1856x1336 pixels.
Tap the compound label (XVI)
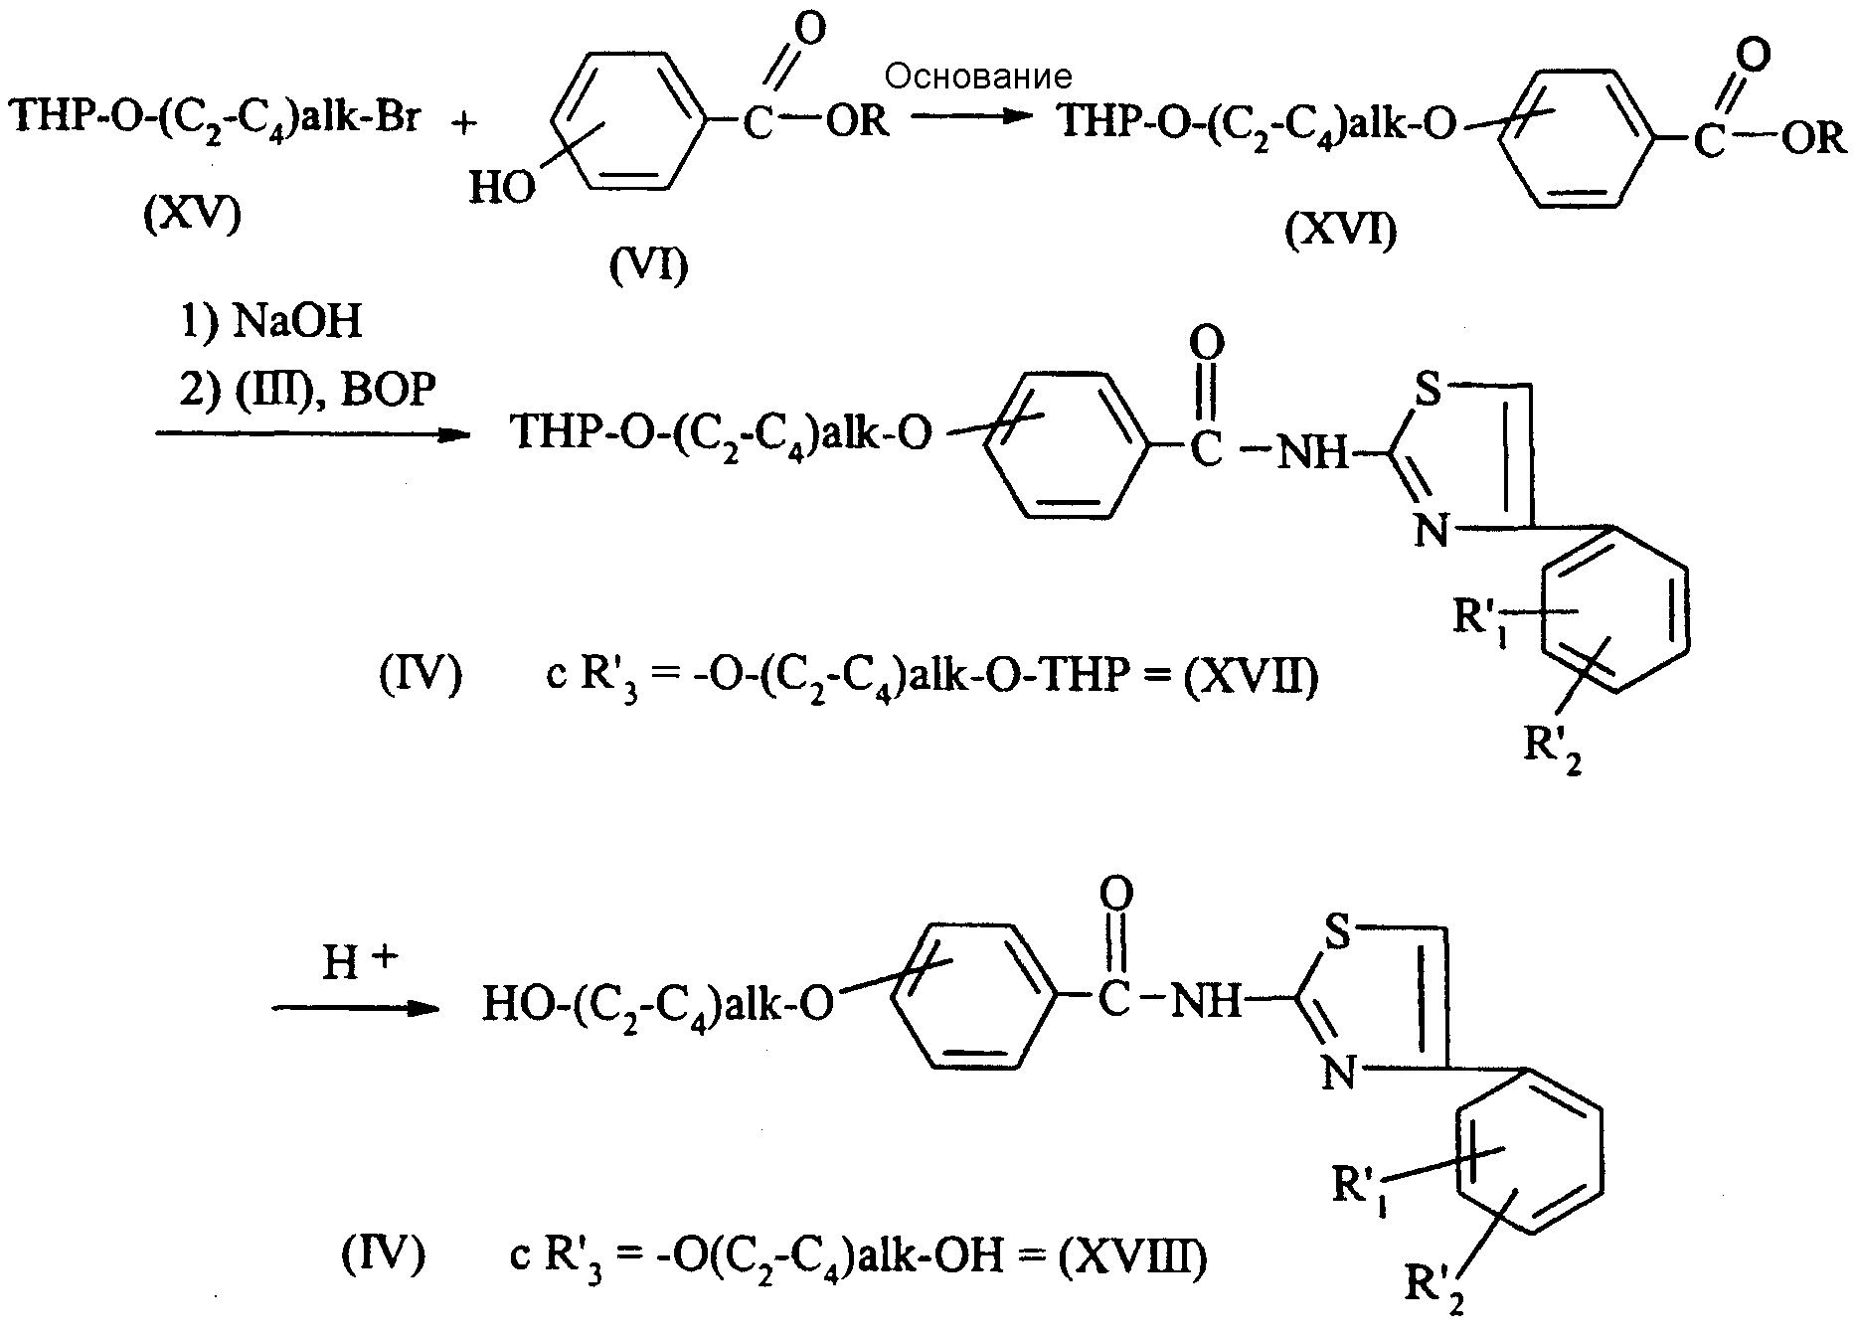click(x=1340, y=231)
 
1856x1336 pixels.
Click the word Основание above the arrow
click(x=978, y=77)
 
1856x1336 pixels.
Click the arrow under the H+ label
click(x=356, y=1008)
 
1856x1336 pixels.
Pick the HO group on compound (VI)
click(x=501, y=187)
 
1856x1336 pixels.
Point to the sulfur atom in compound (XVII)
click(x=1428, y=391)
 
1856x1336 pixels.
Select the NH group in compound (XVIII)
click(x=1207, y=1000)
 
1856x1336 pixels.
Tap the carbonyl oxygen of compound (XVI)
click(x=1756, y=55)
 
